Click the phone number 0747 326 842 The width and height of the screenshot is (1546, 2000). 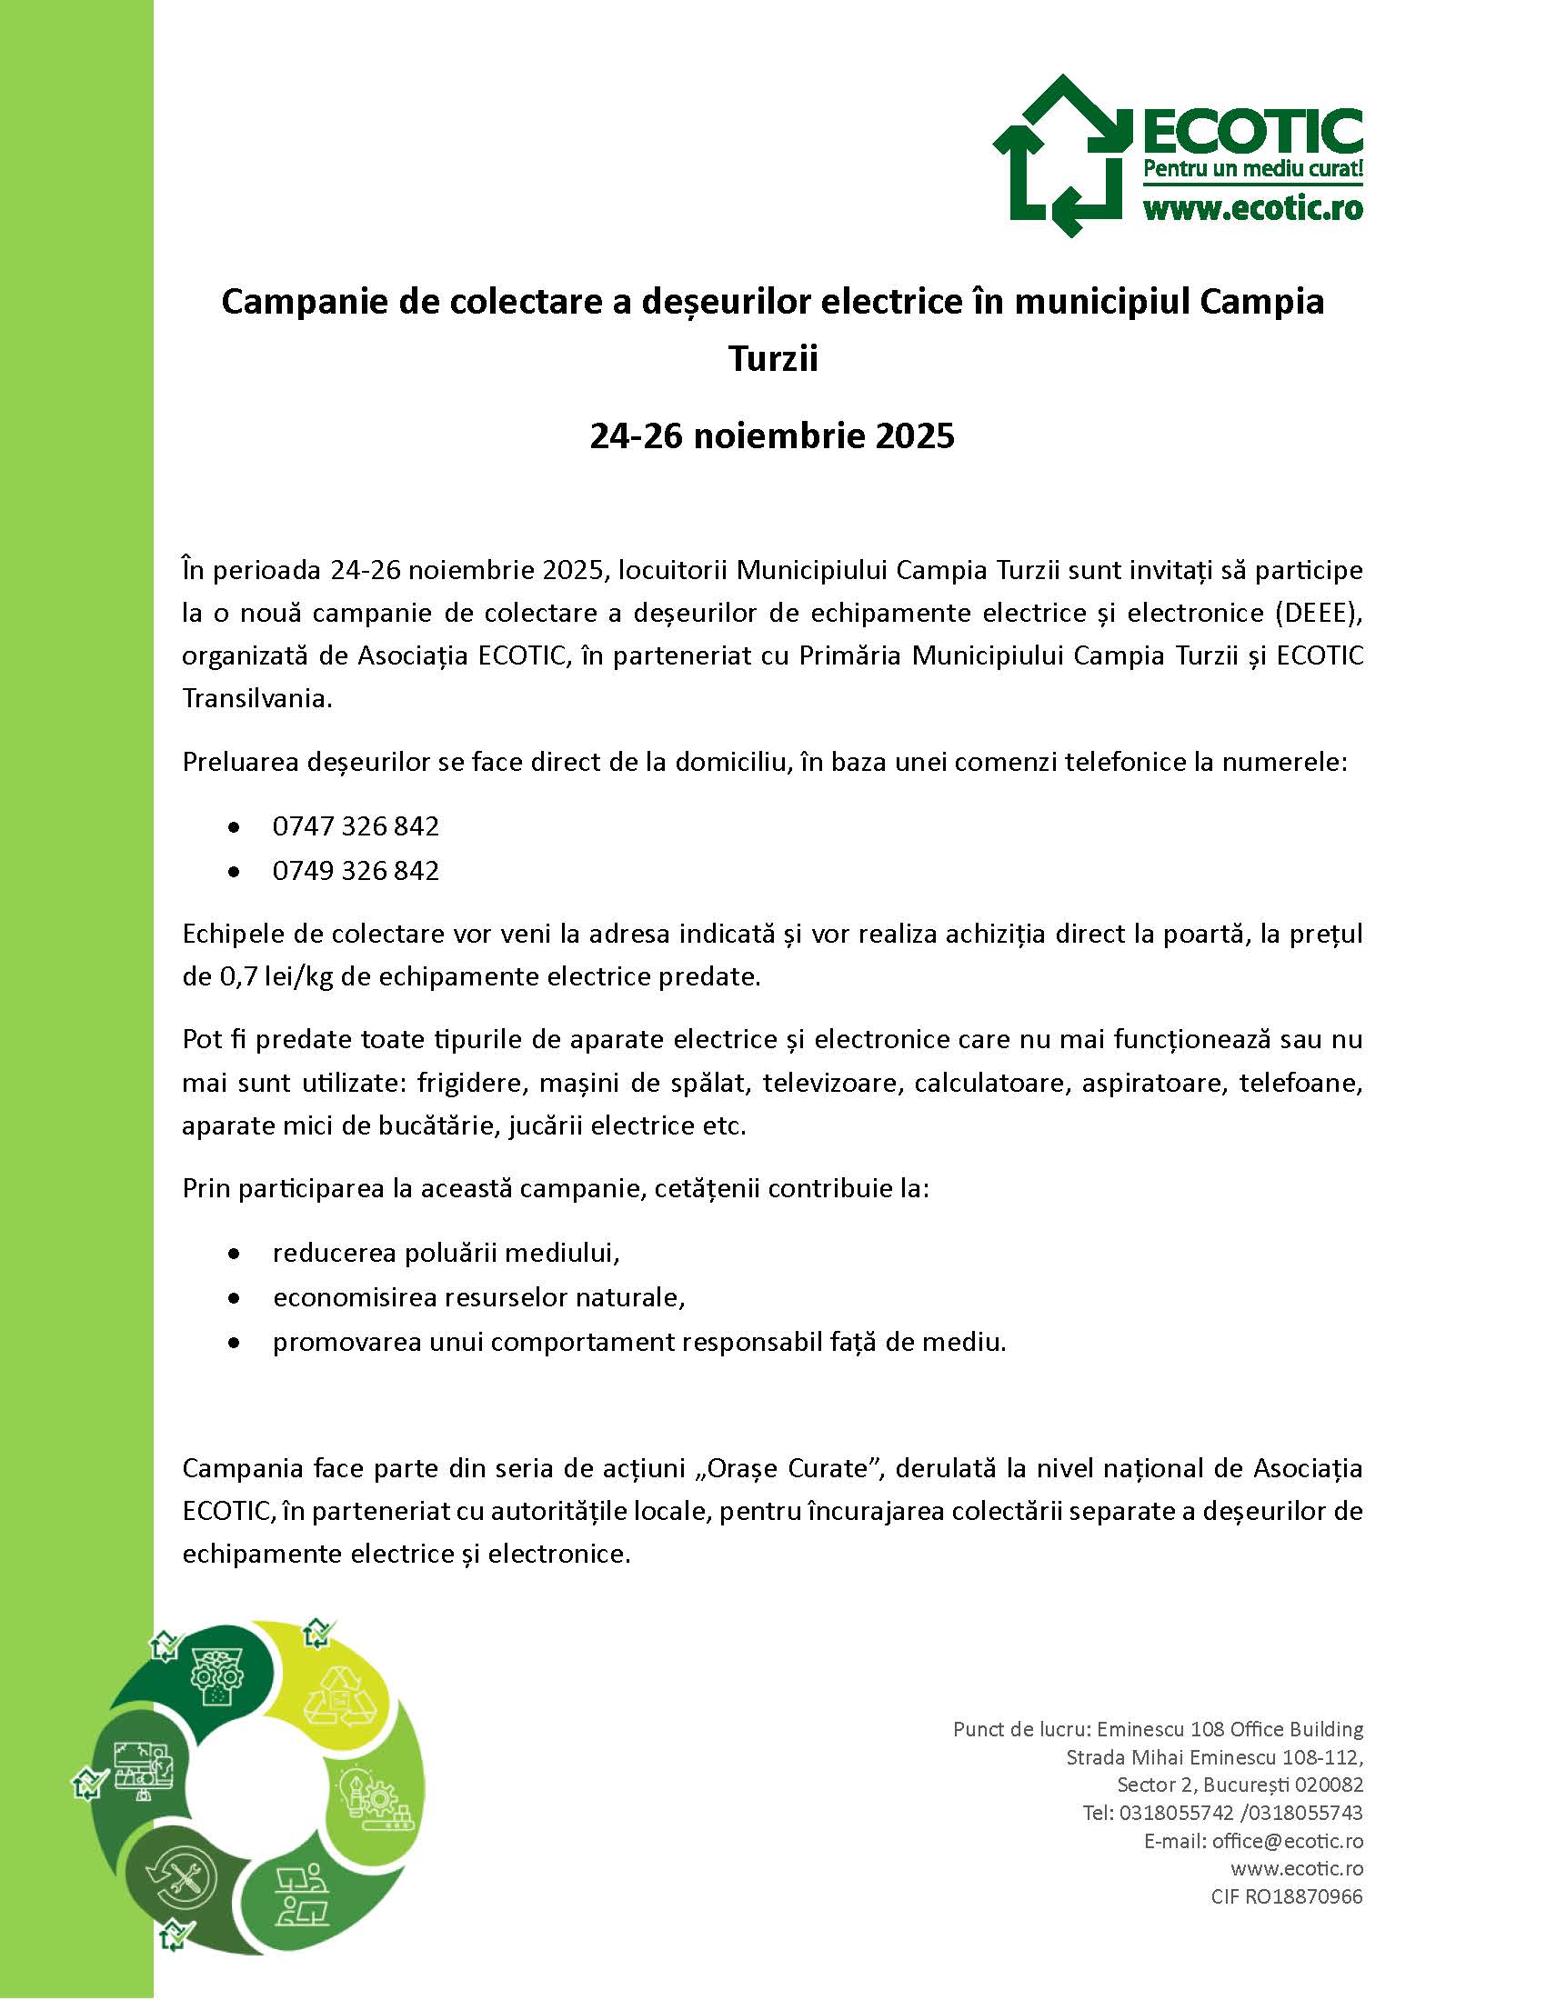pos(356,826)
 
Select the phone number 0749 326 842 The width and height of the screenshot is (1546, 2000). pos(356,870)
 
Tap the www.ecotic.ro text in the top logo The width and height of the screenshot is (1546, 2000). pos(1252,210)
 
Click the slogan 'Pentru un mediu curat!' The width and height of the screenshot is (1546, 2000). pos(1252,169)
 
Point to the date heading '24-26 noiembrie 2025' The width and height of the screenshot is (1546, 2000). pos(772,435)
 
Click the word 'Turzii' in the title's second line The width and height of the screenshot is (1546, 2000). pos(772,359)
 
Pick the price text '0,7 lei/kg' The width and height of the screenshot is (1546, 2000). pos(276,976)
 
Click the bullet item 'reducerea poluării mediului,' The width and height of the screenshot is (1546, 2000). pos(446,1253)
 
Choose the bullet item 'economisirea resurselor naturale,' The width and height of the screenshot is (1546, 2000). pos(479,1297)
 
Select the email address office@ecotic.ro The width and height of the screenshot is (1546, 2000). pos(1287,1841)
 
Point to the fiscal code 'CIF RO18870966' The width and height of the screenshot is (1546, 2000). pos(1286,1896)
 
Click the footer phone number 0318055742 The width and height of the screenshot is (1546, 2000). pos(1177,1814)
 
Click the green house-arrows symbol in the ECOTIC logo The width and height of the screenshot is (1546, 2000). pos(1060,155)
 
